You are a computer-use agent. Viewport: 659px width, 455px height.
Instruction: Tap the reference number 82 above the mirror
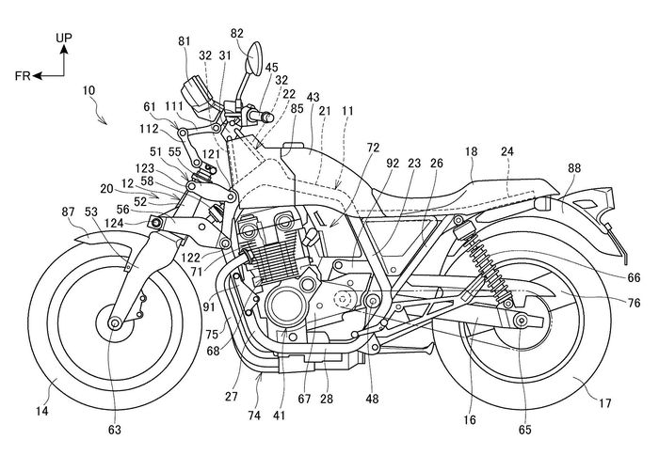[236, 32]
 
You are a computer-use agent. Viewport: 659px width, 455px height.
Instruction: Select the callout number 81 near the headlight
[183, 41]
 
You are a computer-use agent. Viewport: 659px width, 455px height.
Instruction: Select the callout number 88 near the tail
[575, 169]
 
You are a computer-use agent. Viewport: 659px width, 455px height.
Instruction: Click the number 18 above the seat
[471, 149]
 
